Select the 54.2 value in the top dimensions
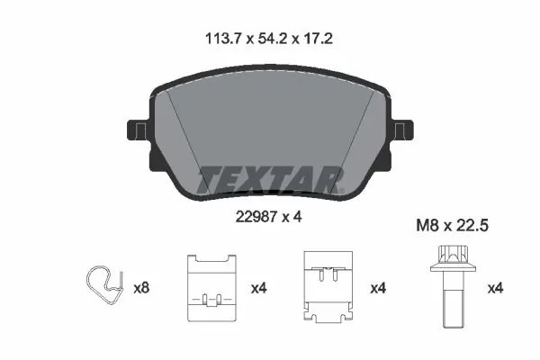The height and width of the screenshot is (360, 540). click(x=269, y=40)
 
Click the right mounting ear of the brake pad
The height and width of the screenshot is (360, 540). click(x=403, y=132)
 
